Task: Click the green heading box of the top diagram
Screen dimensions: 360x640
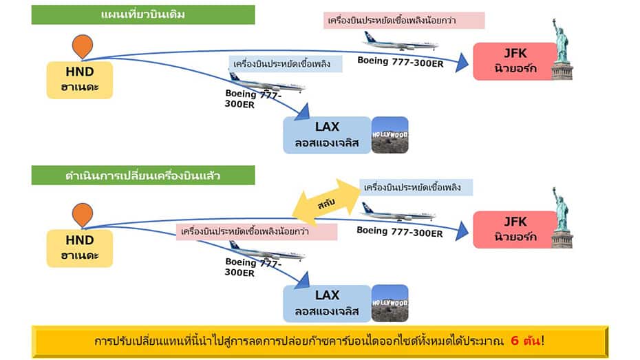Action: (143, 14)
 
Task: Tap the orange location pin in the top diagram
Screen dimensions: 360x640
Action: (82, 45)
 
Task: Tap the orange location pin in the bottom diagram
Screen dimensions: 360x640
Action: (82, 215)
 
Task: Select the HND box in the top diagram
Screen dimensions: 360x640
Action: (80, 79)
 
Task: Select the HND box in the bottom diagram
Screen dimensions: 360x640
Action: (80, 248)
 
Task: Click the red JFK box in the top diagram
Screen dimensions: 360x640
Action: (514, 61)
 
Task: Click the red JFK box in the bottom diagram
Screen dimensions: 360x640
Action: (514, 230)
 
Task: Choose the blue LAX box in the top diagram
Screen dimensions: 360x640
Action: (327, 134)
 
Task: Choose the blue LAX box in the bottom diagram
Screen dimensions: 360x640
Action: (327, 303)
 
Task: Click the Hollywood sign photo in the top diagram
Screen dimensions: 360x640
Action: (390, 134)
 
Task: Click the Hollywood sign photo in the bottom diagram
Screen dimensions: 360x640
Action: (390, 303)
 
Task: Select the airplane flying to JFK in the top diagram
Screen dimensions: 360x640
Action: (399, 42)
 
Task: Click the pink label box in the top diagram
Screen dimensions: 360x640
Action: (404, 21)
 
